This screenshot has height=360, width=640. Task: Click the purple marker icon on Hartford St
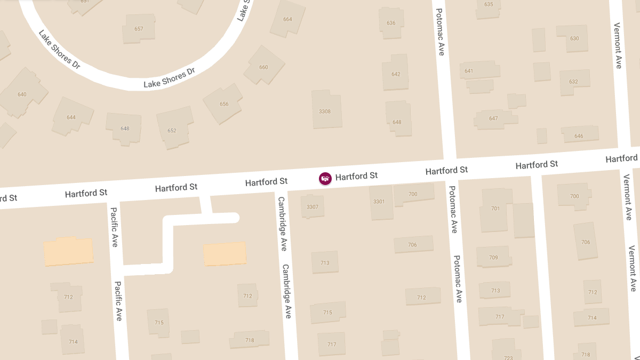click(325, 179)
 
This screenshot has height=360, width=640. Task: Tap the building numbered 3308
click(325, 111)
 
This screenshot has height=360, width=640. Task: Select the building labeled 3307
click(313, 206)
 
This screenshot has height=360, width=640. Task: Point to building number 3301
click(380, 202)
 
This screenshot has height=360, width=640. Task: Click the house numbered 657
click(139, 29)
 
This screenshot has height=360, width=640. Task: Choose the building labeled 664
click(287, 20)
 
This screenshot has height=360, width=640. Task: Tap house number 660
click(263, 67)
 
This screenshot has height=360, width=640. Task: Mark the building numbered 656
click(223, 103)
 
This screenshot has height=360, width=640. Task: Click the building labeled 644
click(71, 117)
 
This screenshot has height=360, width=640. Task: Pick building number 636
click(391, 23)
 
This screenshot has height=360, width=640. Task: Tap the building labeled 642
click(395, 74)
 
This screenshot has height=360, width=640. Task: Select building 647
click(494, 118)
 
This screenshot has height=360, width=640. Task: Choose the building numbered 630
click(574, 38)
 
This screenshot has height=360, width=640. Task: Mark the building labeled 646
click(579, 135)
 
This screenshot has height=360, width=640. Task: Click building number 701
click(495, 209)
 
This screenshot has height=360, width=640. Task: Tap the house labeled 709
click(494, 257)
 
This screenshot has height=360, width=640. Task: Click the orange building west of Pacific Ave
click(68, 252)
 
